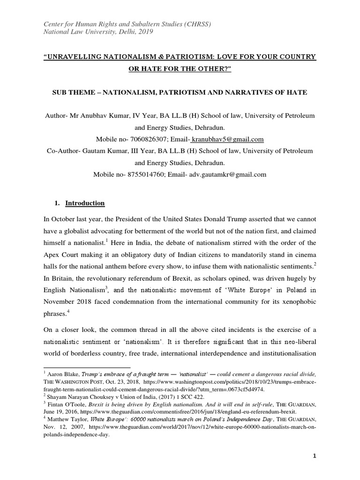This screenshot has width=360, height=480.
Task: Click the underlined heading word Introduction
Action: [x=85, y=203]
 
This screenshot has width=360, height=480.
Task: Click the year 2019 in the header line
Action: [x=144, y=32]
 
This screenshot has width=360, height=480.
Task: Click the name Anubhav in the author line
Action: [x=100, y=116]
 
